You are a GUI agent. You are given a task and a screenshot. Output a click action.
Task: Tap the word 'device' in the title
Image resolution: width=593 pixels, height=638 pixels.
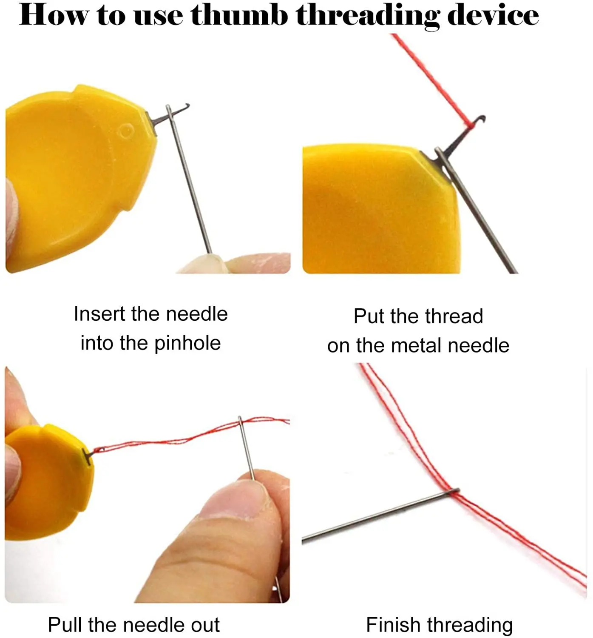[x=493, y=15]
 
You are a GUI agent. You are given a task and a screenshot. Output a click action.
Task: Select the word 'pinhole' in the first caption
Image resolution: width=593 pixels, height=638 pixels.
[x=187, y=343]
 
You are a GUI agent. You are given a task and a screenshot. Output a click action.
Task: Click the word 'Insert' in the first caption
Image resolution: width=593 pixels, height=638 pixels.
[x=99, y=314]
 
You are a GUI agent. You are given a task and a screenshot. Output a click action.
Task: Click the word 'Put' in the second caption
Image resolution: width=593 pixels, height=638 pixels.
[x=369, y=316]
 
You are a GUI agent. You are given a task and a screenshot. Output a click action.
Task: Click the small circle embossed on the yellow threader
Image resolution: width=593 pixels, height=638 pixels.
[x=126, y=131]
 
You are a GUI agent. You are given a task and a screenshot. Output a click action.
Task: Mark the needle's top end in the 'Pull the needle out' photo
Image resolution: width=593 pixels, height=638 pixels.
[x=239, y=417]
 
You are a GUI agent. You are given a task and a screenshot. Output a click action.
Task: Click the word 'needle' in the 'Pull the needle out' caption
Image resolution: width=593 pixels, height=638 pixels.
[x=155, y=625]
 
